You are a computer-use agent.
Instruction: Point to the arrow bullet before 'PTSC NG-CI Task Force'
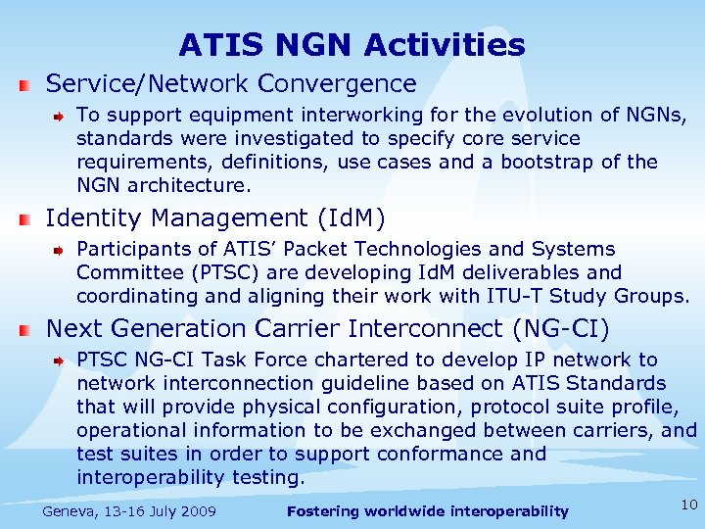60,361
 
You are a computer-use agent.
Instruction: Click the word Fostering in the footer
325,510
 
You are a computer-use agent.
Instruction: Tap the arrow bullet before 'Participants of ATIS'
60,251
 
